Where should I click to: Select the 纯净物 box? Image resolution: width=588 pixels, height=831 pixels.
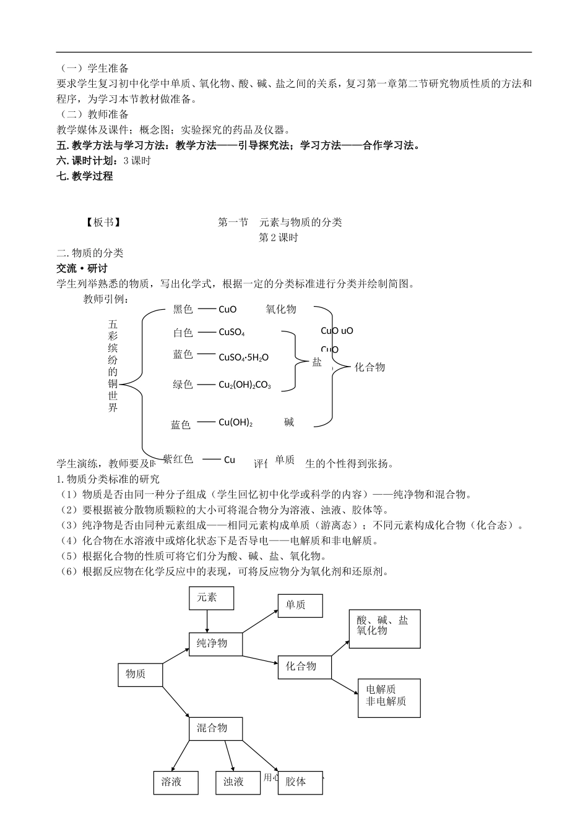[x=215, y=644]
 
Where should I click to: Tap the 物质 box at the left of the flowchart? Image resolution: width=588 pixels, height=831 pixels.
[x=140, y=675]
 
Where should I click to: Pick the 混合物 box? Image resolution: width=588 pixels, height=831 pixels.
[x=215, y=728]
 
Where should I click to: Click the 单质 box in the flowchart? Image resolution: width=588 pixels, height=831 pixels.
[x=300, y=605]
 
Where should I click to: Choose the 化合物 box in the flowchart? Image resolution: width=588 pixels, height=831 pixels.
[x=304, y=667]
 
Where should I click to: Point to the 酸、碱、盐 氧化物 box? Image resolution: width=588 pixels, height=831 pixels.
[x=384, y=629]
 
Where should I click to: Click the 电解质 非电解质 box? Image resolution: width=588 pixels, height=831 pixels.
[x=389, y=697]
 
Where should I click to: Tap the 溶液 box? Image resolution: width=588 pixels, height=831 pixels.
[x=176, y=782]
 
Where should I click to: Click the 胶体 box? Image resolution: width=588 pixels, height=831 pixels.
[x=300, y=782]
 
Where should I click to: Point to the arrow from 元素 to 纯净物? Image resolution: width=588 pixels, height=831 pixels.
[x=207, y=621]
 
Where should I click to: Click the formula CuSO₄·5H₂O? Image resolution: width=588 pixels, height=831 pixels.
[x=244, y=357]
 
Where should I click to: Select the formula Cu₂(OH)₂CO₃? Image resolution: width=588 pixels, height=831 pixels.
[x=245, y=385]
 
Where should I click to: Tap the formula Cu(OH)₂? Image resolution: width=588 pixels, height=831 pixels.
[x=236, y=423]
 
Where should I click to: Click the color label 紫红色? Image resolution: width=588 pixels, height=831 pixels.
[x=178, y=459]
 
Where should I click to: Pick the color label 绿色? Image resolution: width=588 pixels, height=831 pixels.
[x=183, y=385]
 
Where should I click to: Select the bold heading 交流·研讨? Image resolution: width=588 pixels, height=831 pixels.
[x=82, y=268]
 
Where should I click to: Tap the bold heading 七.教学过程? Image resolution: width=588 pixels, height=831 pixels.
[x=85, y=176]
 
